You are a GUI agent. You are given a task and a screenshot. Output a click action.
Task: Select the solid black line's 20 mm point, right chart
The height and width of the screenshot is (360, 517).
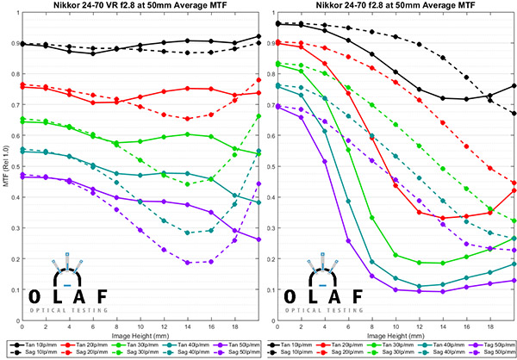[514, 85]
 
